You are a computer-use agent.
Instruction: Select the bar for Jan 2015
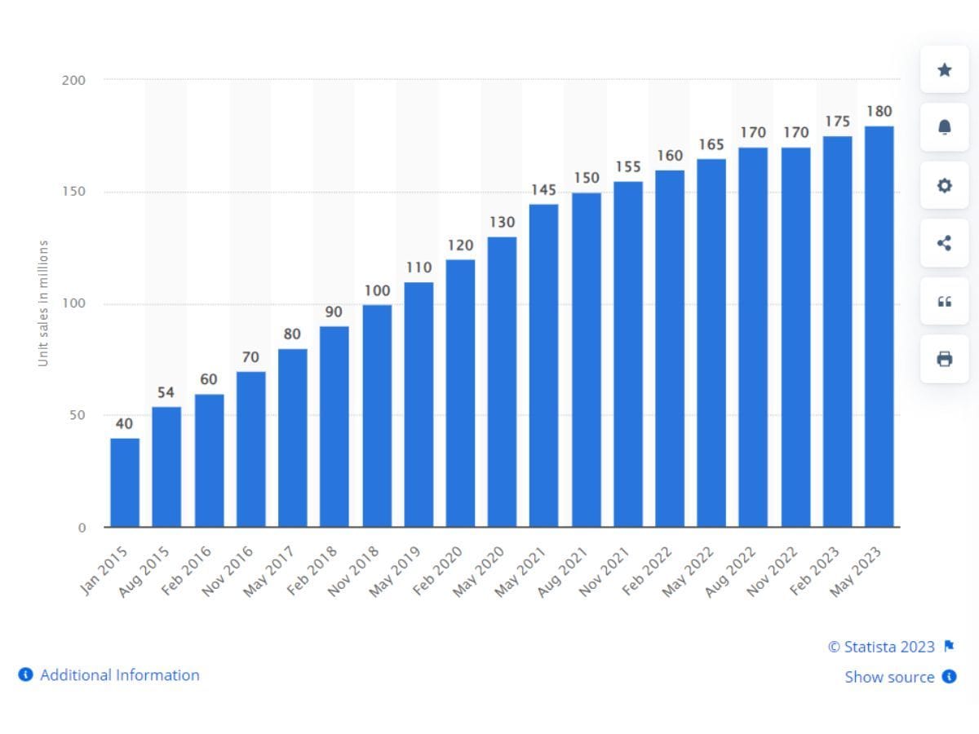coord(125,483)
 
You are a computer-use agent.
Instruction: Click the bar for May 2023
coord(879,326)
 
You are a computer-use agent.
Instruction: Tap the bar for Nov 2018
coord(377,416)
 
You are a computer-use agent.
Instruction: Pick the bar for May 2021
coord(544,365)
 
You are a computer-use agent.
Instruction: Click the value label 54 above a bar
coord(166,393)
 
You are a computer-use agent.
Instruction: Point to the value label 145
coord(543,190)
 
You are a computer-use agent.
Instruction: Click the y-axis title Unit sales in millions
coord(44,303)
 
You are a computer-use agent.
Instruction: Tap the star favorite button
coord(944,70)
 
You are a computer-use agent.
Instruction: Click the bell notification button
coord(944,128)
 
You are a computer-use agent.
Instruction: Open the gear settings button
coord(944,186)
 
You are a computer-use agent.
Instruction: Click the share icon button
coord(944,243)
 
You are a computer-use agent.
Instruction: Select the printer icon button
coord(944,359)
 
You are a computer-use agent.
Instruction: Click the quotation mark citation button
coord(944,302)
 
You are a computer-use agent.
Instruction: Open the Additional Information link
coord(119,675)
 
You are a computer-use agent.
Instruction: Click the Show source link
coord(889,677)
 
